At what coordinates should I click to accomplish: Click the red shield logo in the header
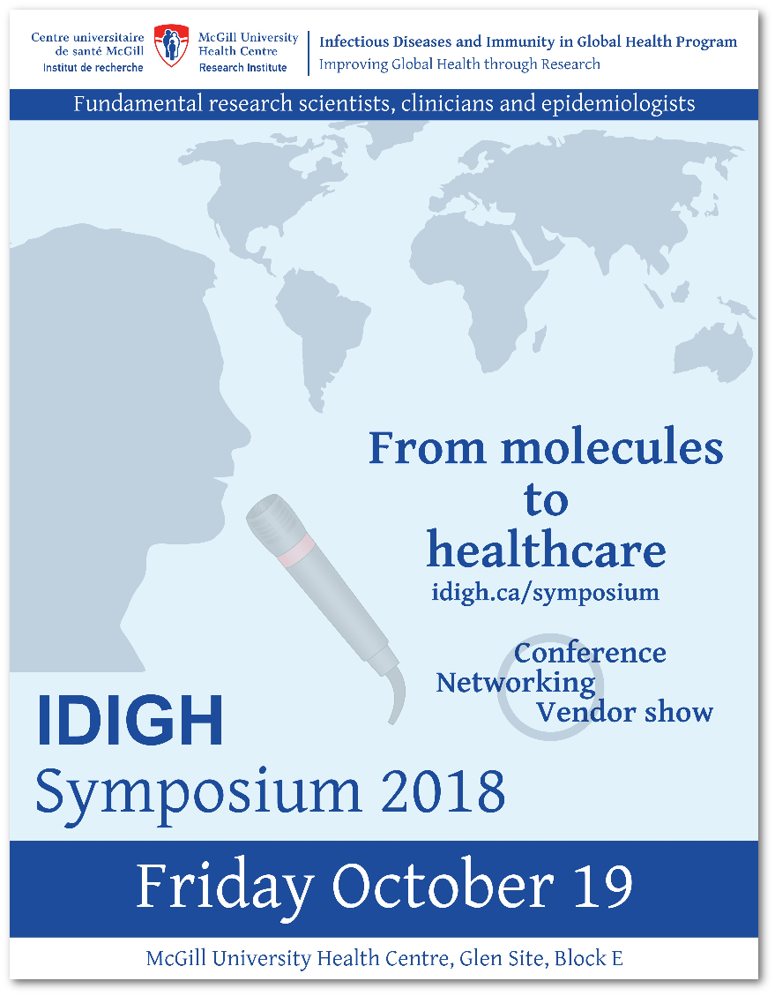171,46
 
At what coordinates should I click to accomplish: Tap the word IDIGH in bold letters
130,721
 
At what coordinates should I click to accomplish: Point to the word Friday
226,888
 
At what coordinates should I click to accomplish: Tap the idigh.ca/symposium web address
545,593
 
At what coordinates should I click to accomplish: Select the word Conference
591,652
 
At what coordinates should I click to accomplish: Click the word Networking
516,683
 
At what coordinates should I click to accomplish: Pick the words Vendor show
624,712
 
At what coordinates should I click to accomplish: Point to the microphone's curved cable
396,695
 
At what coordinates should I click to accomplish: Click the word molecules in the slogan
612,448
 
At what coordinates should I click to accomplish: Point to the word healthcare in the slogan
547,550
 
